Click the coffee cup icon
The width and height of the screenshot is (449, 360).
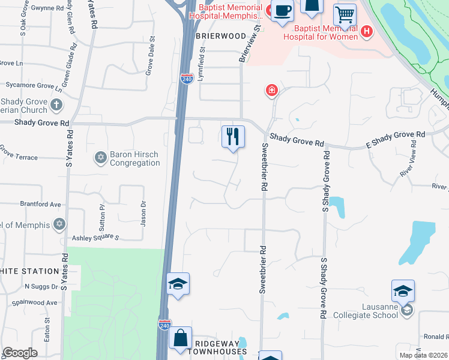point(282,11)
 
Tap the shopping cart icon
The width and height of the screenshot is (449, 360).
point(345,14)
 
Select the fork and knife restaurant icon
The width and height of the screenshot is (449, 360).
point(233,136)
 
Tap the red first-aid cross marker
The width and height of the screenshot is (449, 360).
point(272,91)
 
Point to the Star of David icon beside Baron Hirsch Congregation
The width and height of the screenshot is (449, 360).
point(100,158)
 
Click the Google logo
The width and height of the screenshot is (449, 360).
point(20,352)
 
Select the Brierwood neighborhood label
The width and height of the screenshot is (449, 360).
point(221,36)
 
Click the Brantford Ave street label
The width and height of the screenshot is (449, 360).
point(40,204)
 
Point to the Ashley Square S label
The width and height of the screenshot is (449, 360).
point(95,238)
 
